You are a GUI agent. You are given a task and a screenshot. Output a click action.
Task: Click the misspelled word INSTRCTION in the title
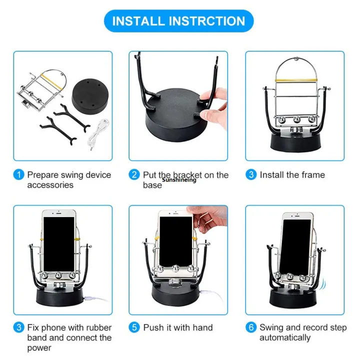[x=209, y=21]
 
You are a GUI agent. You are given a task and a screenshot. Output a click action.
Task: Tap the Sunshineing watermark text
[x=179, y=180]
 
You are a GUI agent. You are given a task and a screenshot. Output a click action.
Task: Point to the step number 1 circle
[x=18, y=175]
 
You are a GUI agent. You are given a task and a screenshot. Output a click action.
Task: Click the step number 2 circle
[x=134, y=175]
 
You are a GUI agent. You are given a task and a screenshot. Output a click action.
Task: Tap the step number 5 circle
[x=134, y=328]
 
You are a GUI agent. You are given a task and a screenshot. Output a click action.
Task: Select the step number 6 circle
[x=251, y=328]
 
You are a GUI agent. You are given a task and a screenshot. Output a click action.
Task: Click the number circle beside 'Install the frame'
[x=251, y=175]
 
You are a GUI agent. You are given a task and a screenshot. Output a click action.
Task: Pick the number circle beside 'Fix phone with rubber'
[x=18, y=328]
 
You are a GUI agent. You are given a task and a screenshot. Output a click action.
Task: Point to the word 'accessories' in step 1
[x=50, y=185]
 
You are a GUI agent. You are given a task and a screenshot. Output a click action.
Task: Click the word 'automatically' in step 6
[x=284, y=338]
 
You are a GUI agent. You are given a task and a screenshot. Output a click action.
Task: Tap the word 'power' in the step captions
[x=39, y=348]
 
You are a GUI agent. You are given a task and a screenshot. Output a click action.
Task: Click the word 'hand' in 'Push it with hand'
[x=202, y=328]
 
